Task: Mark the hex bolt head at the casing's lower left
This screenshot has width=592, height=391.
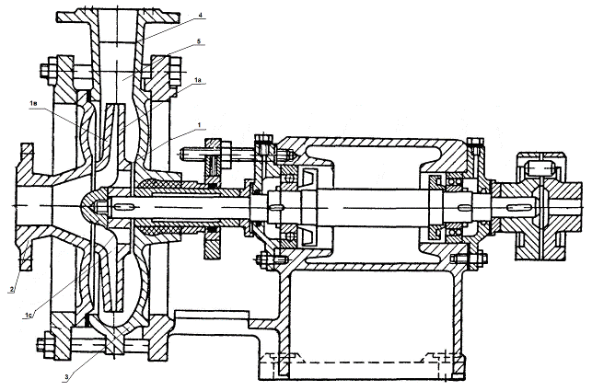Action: click(x=42, y=347)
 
